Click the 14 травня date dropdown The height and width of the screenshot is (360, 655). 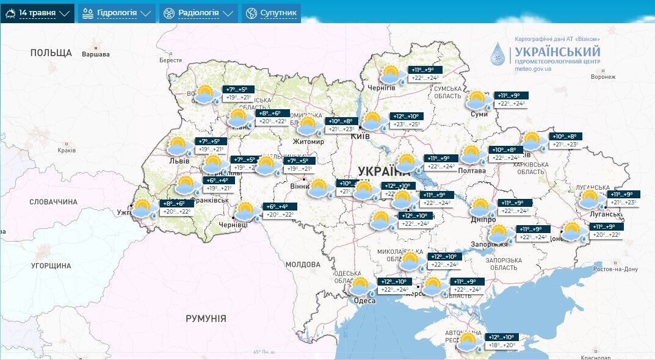tap(37, 13)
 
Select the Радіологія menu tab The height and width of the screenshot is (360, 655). tap(199, 13)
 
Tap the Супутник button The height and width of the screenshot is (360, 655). tap(271, 13)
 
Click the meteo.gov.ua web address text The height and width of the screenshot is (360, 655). tap(533, 69)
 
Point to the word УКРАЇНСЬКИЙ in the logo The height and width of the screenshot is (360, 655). tap(557, 52)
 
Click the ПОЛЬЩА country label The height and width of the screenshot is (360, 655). tap(51, 53)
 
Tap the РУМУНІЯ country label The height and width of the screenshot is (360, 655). tap(206, 319)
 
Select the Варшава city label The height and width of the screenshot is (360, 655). tap(96, 54)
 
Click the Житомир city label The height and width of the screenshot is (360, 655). tap(308, 142)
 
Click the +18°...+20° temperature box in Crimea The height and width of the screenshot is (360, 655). tap(501, 345)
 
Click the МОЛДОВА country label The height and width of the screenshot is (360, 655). tap(303, 264)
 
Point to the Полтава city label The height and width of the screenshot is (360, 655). tap(472, 171)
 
